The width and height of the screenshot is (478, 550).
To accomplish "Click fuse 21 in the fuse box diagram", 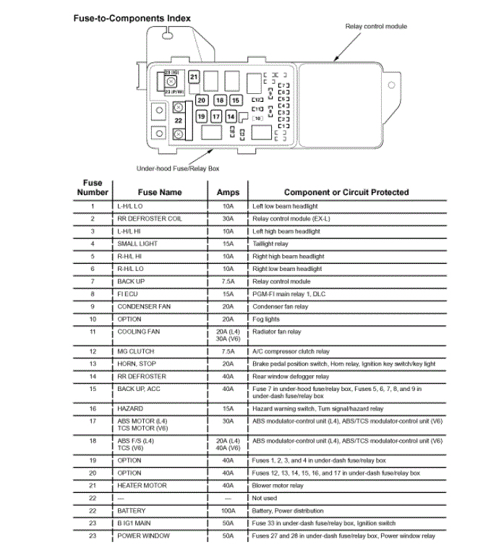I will tap(194, 77).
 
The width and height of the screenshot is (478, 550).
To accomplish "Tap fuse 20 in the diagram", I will tap(202, 100).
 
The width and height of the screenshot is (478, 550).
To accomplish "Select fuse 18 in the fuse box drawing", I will tap(219, 100).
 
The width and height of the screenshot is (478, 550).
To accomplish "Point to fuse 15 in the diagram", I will tap(236, 100).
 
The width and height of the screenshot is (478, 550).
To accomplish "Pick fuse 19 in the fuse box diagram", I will tap(202, 116).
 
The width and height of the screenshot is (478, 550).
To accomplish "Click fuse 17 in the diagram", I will tap(215, 116).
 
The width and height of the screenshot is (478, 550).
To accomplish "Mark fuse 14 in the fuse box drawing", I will tap(231, 116).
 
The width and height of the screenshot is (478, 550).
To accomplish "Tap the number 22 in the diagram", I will tap(178, 121).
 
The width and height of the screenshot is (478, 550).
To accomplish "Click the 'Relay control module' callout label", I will tap(375, 27).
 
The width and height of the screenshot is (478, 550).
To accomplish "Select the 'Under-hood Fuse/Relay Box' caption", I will tap(177, 168).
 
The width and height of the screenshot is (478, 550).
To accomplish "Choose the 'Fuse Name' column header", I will tap(161, 192).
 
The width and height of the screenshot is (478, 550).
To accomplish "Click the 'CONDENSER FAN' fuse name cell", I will tap(144, 306).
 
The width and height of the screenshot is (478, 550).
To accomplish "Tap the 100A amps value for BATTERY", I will tap(228, 510).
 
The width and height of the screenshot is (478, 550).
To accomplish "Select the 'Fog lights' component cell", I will tap(265, 319).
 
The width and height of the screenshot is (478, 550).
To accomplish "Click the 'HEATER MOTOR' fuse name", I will tap(142, 486).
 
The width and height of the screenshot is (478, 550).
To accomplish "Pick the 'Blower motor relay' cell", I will tap(278, 486).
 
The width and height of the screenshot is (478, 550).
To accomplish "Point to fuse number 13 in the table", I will tap(93, 364).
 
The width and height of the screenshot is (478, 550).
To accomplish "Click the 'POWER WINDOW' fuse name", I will tap(143, 536).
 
